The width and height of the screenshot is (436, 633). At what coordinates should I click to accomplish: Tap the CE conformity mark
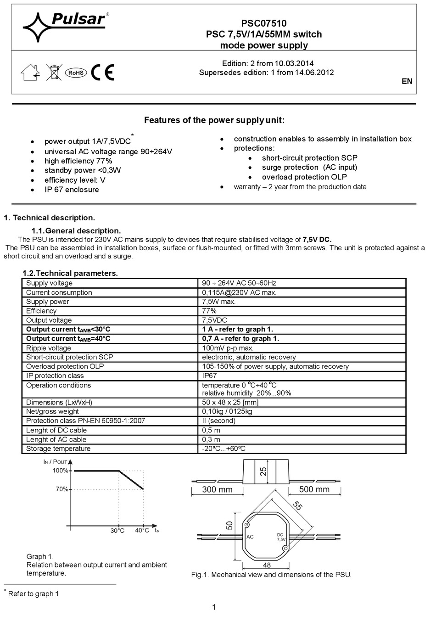point(102,72)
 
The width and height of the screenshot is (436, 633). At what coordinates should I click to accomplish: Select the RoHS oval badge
point(75,73)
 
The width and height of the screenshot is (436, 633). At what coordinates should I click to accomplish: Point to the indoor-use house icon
point(31,72)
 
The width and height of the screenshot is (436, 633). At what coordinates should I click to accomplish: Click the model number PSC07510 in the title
point(263,23)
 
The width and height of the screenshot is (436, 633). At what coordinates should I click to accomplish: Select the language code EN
point(407,81)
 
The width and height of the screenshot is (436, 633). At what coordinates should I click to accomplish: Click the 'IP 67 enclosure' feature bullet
point(72,190)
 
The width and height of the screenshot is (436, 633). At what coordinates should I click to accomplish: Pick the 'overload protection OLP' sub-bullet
point(304,177)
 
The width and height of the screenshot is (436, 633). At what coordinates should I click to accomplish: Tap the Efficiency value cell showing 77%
point(209,311)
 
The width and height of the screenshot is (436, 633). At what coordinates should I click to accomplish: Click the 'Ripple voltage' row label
point(49,348)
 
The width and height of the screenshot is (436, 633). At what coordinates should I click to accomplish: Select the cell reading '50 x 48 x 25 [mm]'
point(230,402)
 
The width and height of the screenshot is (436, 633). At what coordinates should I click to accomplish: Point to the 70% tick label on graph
point(61,489)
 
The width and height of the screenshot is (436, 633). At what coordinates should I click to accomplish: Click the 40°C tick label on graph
point(142,530)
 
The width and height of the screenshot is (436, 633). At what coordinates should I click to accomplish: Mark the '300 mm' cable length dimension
point(217,489)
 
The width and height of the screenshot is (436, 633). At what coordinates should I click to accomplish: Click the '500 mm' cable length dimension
point(314,489)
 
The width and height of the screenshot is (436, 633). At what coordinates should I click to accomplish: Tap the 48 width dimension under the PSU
point(267,565)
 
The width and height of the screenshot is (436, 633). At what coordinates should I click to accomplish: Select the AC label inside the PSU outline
point(250,536)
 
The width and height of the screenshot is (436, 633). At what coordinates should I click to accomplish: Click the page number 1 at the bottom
point(214,607)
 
